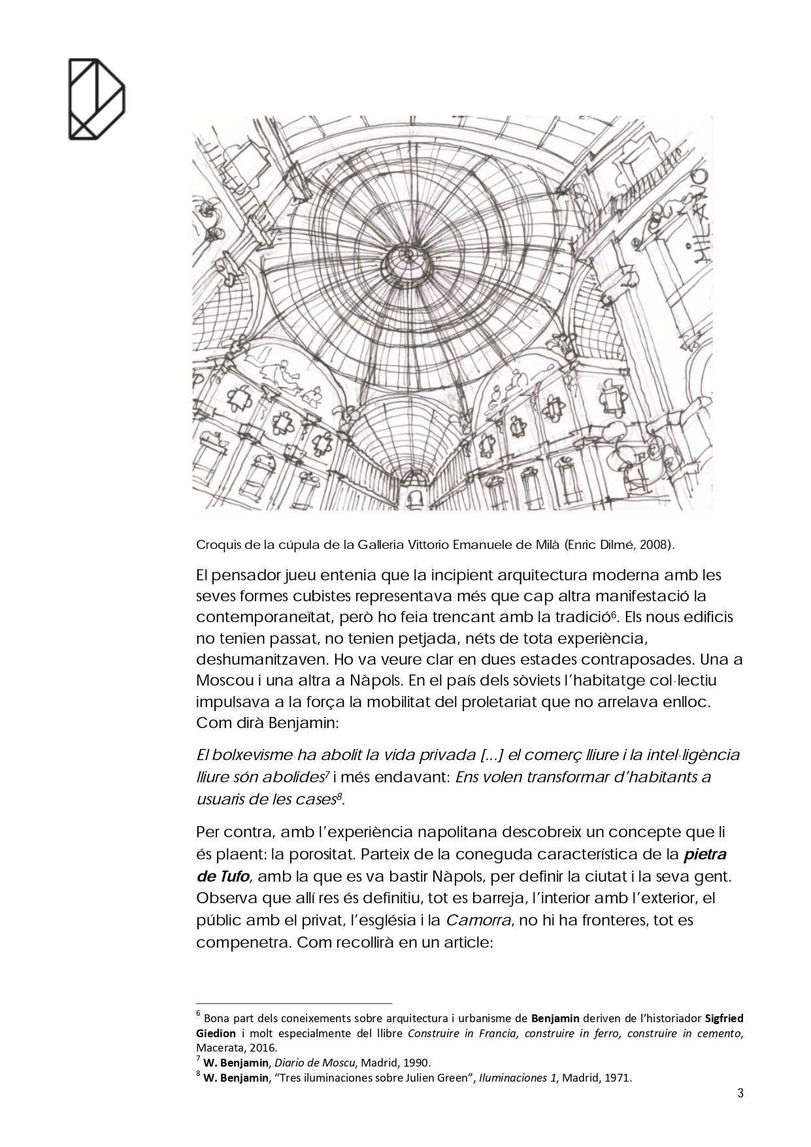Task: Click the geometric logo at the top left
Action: click(x=96, y=99)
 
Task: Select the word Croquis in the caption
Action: click(x=214, y=544)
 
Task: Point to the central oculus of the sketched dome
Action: click(x=405, y=259)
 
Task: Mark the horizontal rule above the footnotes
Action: click(x=294, y=1003)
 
